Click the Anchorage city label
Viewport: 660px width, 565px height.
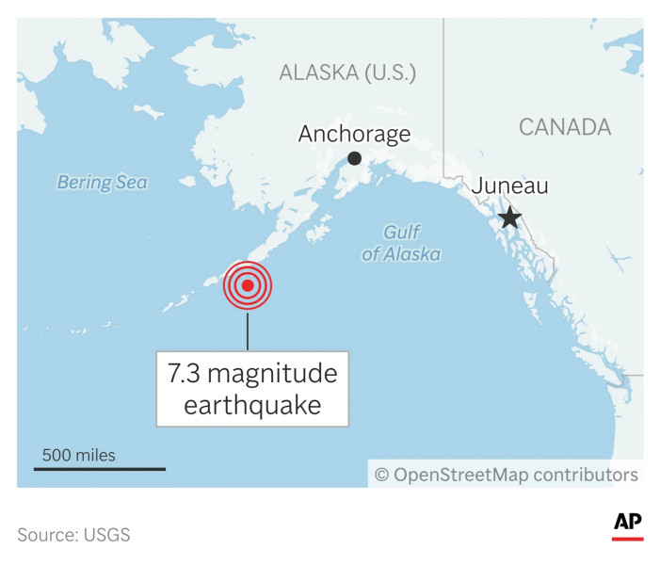(354, 134)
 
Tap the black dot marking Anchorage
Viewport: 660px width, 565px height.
(355, 158)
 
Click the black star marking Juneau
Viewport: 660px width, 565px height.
(509, 218)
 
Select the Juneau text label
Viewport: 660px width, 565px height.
(509, 186)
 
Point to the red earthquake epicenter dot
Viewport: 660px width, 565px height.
(248, 286)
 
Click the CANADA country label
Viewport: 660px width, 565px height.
(565, 127)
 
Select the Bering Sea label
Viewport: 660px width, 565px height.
(102, 183)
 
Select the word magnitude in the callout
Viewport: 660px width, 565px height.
(272, 374)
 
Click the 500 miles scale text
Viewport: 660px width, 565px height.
(78, 456)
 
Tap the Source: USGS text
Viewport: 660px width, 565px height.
(73, 535)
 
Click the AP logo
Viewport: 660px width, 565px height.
(628, 522)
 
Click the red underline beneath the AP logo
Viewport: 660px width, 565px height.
(628, 539)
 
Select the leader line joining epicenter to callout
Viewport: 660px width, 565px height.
(248, 331)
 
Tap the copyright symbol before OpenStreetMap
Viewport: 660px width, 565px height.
(382, 475)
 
